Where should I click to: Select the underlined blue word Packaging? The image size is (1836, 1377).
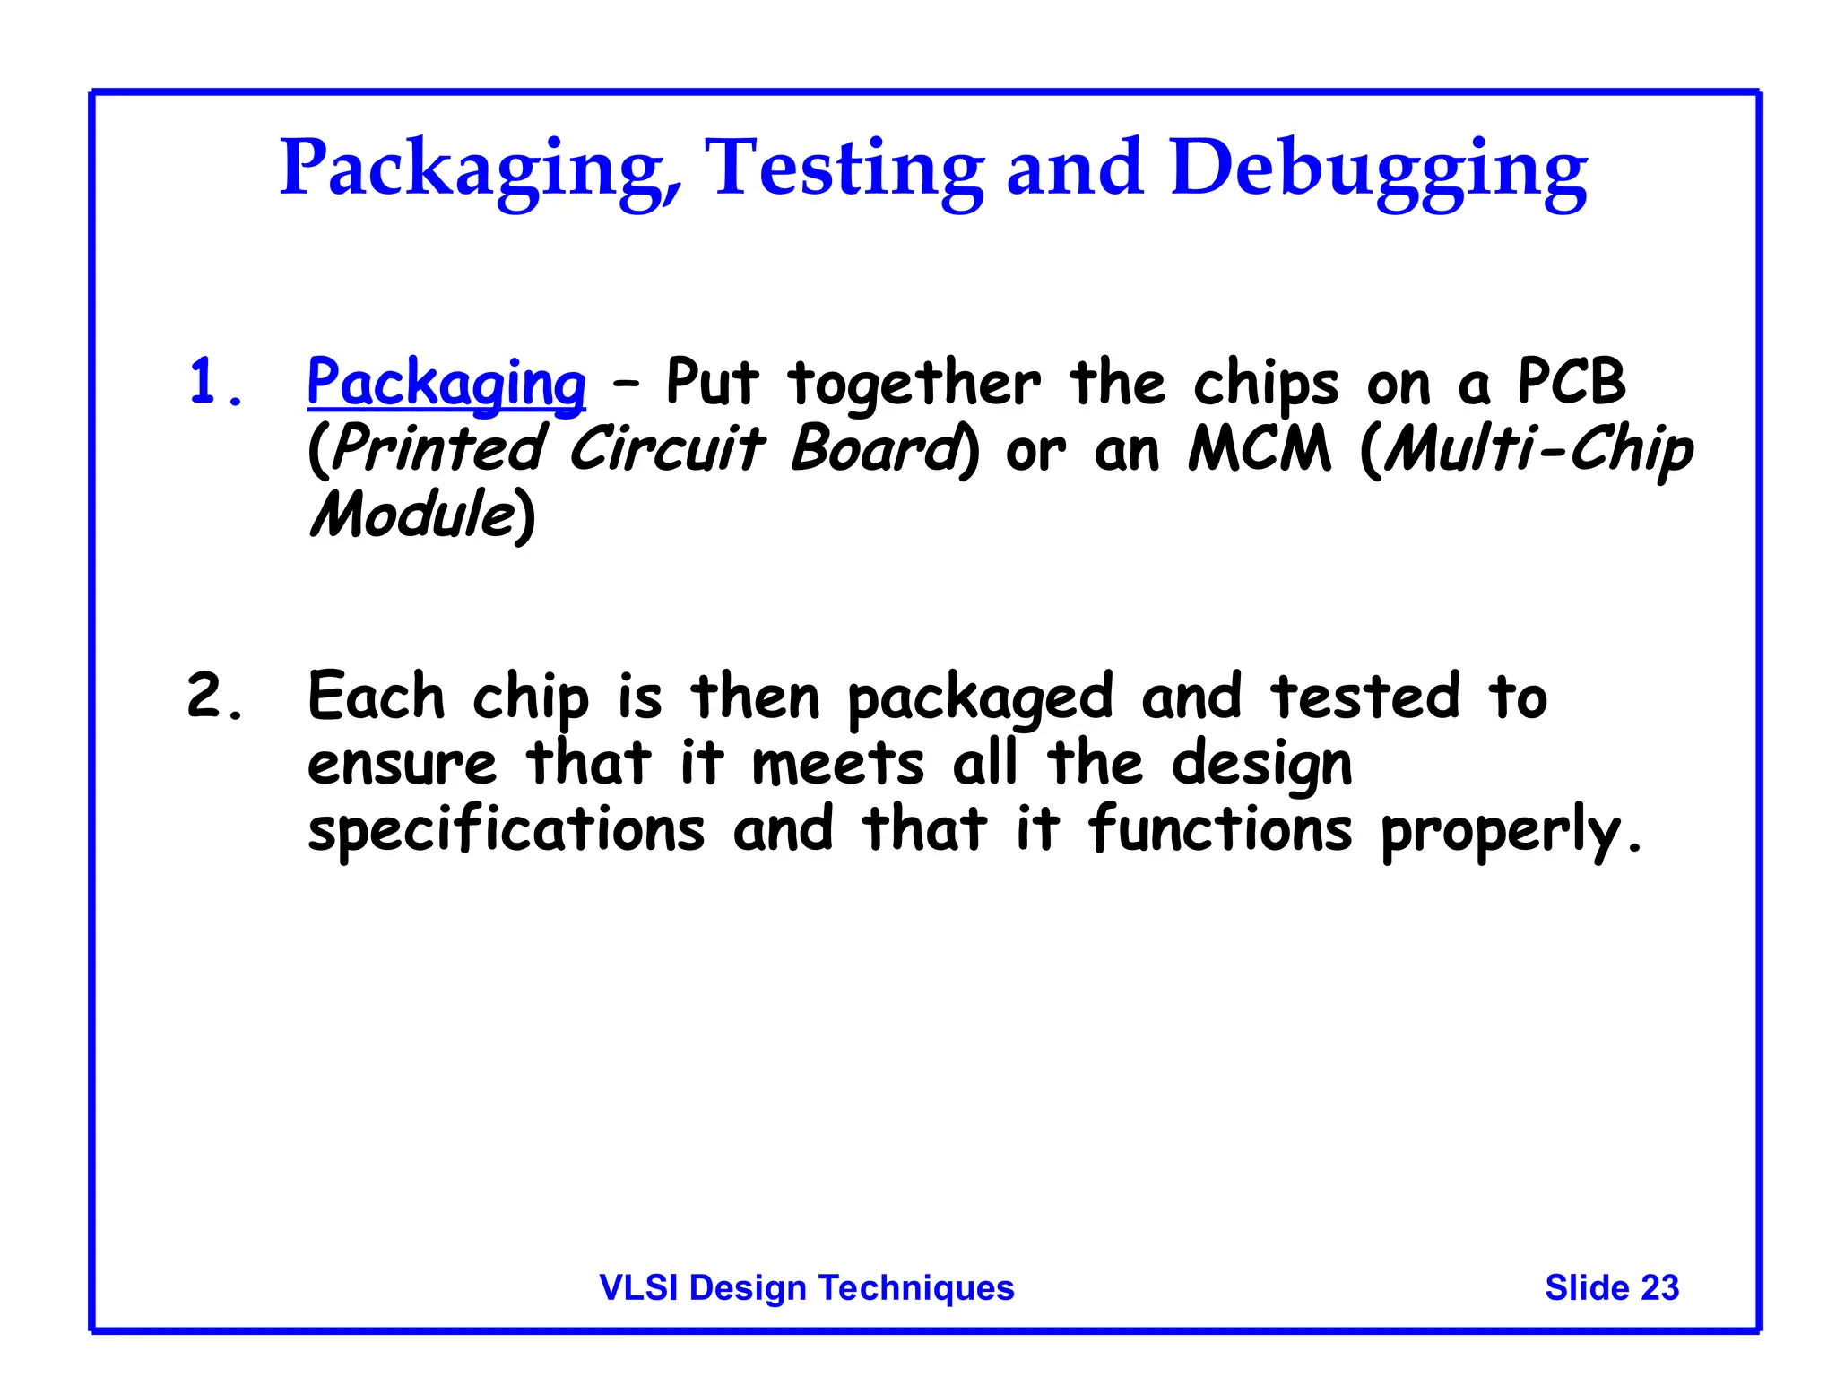tap(446, 383)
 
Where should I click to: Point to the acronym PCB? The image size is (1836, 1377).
tap(1571, 381)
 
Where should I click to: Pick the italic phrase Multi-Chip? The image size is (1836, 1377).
tap(1537, 450)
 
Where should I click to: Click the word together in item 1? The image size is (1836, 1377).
tap(914, 383)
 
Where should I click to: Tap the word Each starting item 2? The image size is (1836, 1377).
tap(376, 697)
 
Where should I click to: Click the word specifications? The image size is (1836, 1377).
tap(507, 831)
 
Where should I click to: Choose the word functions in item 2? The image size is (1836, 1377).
tap(1219, 829)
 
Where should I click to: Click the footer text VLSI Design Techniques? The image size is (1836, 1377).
tap(806, 1287)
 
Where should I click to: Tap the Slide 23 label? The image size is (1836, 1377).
tap(1611, 1287)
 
